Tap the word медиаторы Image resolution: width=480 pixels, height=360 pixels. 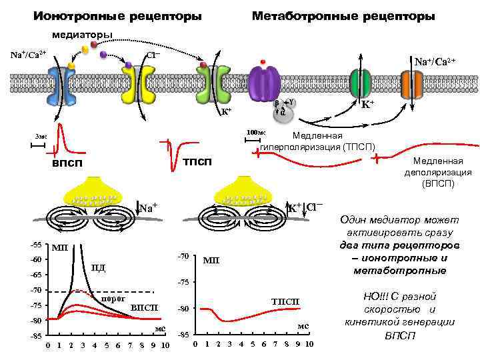pos(83,34)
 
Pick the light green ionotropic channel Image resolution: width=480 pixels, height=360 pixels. pos(213,83)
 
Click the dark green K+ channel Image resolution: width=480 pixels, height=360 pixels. pos(361,83)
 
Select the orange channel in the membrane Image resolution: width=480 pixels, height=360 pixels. pos(412,83)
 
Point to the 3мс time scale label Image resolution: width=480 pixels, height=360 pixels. pos(42,136)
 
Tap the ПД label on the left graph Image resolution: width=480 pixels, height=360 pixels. pos(99,268)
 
